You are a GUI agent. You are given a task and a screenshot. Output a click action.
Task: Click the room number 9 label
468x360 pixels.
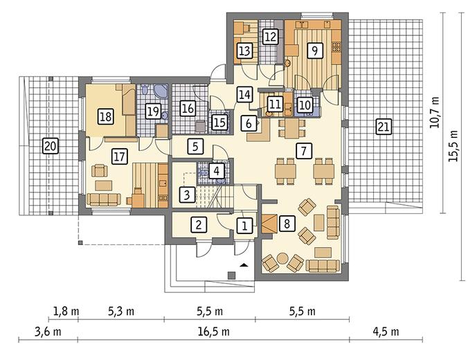tap(314, 50)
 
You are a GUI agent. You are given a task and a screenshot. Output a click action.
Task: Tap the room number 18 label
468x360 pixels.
tap(105, 116)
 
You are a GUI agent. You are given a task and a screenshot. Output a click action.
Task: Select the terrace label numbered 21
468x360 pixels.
tap(384, 126)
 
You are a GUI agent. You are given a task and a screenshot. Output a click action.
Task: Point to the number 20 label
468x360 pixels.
tap(51, 146)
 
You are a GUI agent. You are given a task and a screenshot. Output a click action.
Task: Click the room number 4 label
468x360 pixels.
tap(217, 171)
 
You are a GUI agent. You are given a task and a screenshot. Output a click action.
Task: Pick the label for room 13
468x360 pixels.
tap(245, 51)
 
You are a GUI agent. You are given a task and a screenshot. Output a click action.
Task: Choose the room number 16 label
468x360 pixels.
tap(188, 109)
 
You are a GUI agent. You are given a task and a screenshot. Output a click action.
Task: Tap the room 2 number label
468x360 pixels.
tap(199, 224)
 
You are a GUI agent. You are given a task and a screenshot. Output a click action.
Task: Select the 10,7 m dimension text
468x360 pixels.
tap(434, 112)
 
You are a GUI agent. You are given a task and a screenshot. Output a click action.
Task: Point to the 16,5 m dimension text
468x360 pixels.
tap(214, 332)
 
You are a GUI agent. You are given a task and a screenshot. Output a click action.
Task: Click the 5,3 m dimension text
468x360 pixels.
tap(121, 312)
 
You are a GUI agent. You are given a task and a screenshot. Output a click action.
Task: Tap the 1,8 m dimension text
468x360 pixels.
tap(66, 312)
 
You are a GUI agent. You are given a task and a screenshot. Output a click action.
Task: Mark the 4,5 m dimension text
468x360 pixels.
tap(386, 332)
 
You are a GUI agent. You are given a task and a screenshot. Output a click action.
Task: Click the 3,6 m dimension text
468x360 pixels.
tap(48, 332)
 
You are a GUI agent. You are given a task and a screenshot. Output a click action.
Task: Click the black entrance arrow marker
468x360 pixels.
tap(244, 264)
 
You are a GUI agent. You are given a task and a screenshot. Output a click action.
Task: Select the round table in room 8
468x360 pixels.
tap(282, 258)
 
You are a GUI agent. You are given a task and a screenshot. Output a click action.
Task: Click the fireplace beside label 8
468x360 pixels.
tap(269, 224)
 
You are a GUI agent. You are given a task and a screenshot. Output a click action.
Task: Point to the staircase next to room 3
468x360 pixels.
tap(215, 196)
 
